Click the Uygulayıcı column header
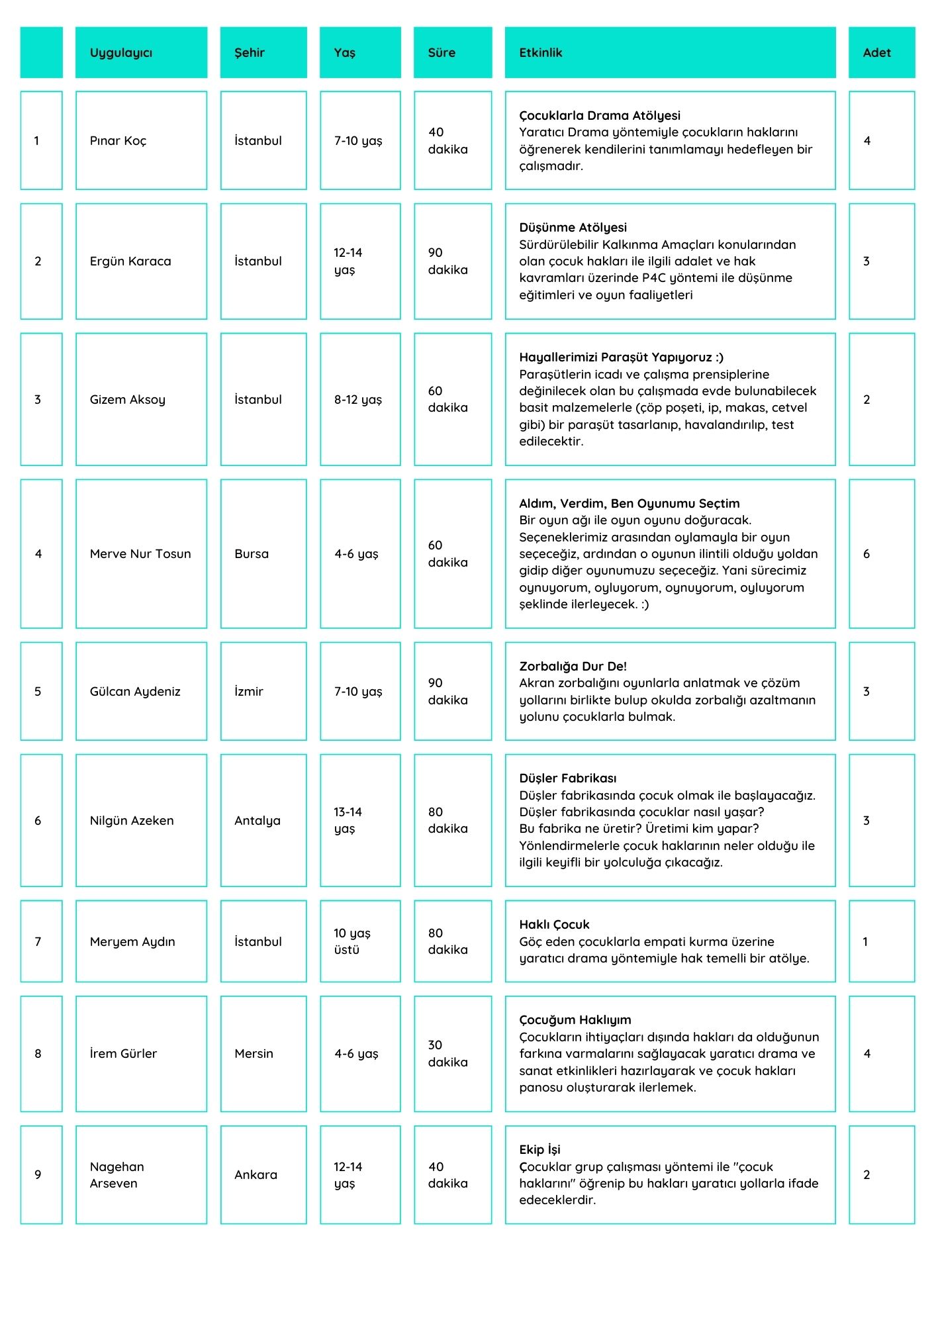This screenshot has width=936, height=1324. (121, 53)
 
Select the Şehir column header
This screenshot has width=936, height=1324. (250, 53)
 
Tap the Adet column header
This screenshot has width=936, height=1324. (876, 53)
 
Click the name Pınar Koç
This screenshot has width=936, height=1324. (118, 141)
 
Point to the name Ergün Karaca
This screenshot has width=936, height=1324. (130, 261)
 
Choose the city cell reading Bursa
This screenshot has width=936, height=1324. (252, 554)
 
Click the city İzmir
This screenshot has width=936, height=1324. (249, 692)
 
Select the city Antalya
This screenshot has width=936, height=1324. (257, 821)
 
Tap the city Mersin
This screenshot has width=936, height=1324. (254, 1054)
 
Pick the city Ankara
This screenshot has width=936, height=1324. (256, 1175)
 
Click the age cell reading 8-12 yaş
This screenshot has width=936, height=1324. (358, 400)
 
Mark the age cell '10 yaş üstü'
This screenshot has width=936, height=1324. (351, 941)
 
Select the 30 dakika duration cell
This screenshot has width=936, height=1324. (447, 1053)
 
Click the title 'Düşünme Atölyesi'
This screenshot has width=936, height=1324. (573, 228)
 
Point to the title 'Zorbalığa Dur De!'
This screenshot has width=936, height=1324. (573, 667)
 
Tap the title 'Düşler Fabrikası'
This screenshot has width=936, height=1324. (567, 779)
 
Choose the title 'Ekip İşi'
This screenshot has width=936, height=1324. (539, 1150)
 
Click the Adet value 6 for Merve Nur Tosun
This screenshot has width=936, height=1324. (866, 554)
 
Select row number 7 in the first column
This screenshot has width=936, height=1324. (38, 942)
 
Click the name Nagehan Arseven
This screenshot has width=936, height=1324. (117, 1175)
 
